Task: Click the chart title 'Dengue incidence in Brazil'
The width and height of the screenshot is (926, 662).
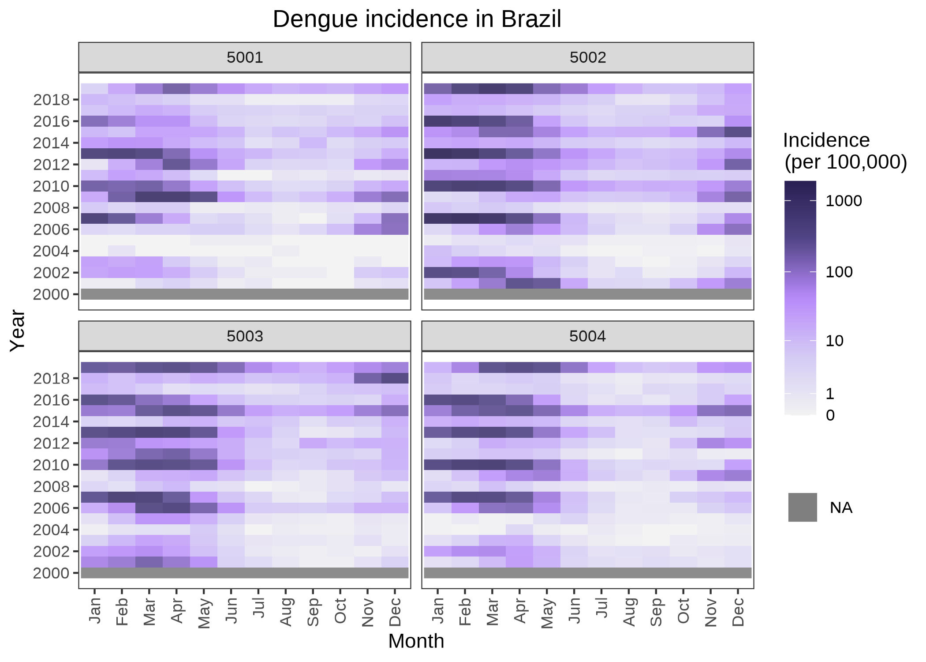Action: (x=417, y=19)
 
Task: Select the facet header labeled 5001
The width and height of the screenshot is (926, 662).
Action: (x=245, y=57)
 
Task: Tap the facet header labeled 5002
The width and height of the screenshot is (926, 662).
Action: (x=587, y=57)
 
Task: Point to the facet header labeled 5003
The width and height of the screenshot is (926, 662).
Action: (x=245, y=336)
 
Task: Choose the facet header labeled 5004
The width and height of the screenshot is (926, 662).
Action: (x=587, y=336)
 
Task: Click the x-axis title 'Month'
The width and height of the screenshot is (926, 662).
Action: (x=416, y=641)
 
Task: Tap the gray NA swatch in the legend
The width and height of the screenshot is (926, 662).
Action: (x=803, y=508)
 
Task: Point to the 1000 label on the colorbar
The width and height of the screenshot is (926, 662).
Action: (x=844, y=201)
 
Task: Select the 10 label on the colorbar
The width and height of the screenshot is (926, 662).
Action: (x=834, y=341)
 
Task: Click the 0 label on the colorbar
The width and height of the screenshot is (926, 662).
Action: (x=830, y=416)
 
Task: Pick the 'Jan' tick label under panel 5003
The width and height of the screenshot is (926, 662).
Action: (x=95, y=611)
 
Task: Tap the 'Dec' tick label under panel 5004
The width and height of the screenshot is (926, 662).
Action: (x=738, y=612)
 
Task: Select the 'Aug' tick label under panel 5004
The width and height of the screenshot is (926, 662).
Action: (x=629, y=612)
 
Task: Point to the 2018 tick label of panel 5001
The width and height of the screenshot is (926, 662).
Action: (x=52, y=100)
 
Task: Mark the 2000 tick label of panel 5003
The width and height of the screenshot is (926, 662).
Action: (x=52, y=573)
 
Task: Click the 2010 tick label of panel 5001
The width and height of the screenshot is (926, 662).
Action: (x=52, y=186)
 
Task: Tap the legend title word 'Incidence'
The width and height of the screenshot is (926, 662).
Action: (x=826, y=141)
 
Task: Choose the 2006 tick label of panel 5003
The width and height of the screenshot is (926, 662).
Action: (x=52, y=508)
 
